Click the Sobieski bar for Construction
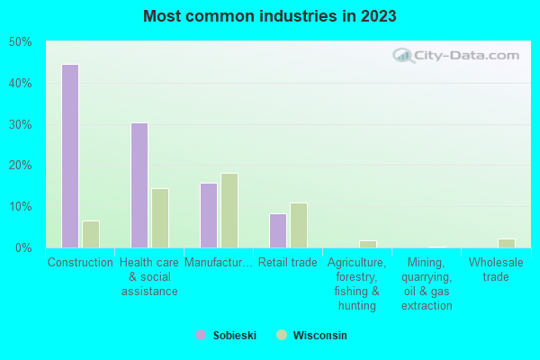click(x=69, y=156)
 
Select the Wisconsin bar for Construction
click(x=90, y=234)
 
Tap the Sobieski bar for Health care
click(x=139, y=184)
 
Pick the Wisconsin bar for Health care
click(x=160, y=218)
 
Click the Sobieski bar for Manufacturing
click(x=208, y=215)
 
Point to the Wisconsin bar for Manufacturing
click(x=229, y=211)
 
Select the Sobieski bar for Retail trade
click(x=277, y=230)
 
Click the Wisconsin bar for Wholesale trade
click(x=507, y=243)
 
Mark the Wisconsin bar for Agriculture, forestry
click(x=368, y=244)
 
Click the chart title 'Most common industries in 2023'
click(x=270, y=16)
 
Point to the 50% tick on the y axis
click(x=21, y=42)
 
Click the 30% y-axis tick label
click(x=21, y=124)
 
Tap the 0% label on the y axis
click(x=23, y=247)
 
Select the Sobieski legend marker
click(x=201, y=335)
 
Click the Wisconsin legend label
click(x=319, y=335)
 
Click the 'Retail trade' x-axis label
click(x=286, y=263)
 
